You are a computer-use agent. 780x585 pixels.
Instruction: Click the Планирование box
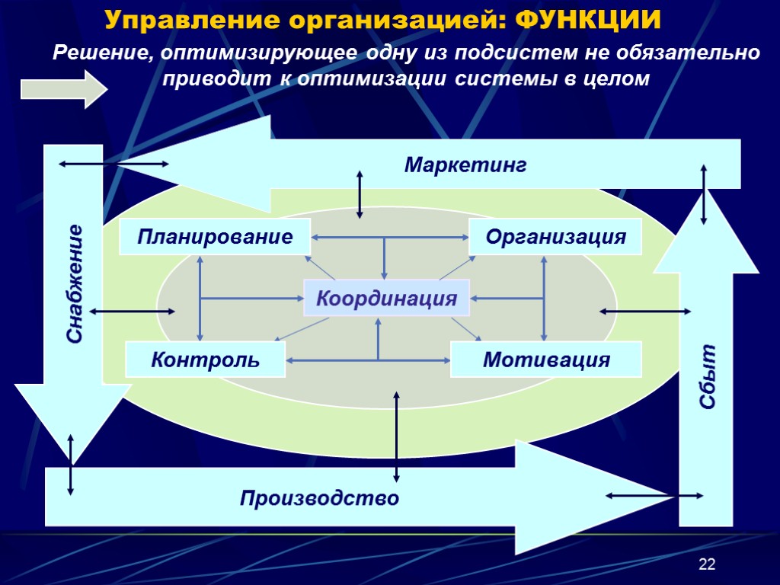click(216, 237)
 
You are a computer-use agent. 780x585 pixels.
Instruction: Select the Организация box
click(555, 237)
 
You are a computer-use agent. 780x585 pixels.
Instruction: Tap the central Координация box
click(387, 298)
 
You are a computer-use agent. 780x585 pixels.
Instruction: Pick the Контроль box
click(205, 360)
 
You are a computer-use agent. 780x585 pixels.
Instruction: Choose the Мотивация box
click(546, 360)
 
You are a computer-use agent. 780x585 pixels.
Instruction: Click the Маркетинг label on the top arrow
click(465, 165)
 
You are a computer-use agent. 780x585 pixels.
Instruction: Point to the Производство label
click(319, 499)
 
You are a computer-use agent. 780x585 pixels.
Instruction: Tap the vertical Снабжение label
click(75, 283)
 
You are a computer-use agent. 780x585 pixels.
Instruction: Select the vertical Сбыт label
click(709, 377)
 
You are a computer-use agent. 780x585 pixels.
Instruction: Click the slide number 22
click(708, 564)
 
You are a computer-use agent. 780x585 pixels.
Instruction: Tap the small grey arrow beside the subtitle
click(64, 88)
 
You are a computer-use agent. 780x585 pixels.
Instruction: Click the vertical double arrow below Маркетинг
click(360, 194)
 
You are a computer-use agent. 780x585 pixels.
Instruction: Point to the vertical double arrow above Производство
click(396, 436)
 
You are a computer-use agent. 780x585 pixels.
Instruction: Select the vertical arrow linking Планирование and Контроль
click(200, 298)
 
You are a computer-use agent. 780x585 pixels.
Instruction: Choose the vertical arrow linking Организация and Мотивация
click(544, 298)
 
